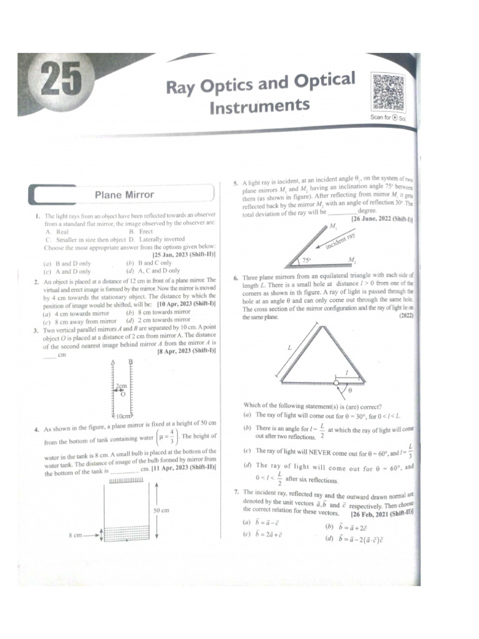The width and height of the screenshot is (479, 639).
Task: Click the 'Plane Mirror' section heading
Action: point(124,195)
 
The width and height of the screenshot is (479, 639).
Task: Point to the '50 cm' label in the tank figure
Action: point(161,510)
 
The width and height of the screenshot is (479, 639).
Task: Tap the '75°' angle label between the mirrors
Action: point(306,260)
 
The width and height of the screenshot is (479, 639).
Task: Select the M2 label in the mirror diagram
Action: point(352,260)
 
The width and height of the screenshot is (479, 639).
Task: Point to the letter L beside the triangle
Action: point(289,348)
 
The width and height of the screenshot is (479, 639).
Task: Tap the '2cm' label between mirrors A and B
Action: point(120,387)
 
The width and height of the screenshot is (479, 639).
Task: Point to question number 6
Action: point(236,279)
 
